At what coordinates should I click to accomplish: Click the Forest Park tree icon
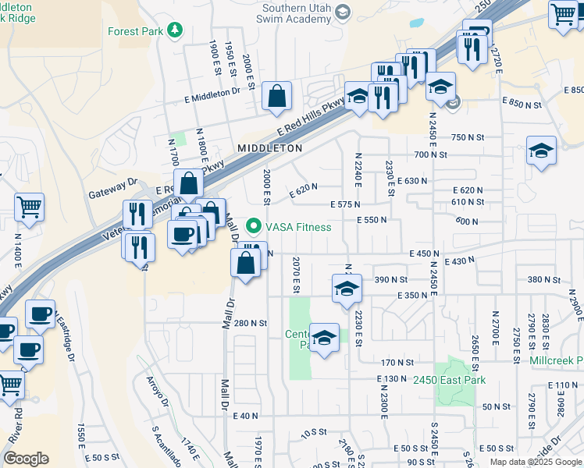click(176, 30)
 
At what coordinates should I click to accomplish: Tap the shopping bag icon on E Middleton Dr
click(276, 97)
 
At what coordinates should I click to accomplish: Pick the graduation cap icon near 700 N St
click(541, 151)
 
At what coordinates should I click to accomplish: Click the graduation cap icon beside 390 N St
click(347, 288)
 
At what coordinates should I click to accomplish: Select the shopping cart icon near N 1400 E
click(29, 207)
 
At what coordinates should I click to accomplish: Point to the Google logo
click(26, 459)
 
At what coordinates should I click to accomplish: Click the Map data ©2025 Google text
click(536, 462)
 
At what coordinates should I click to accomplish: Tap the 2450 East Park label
click(450, 380)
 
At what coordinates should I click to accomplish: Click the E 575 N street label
click(344, 204)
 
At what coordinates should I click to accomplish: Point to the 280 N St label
click(251, 323)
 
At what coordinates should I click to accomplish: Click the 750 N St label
click(468, 137)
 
